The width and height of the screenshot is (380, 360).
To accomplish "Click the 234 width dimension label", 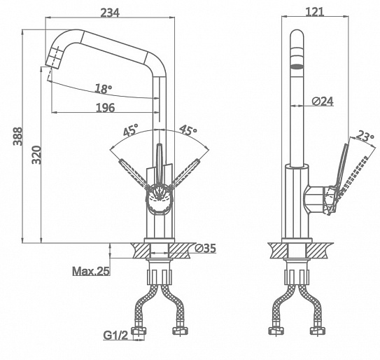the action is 110,13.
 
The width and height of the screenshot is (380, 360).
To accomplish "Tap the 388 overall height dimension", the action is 17,137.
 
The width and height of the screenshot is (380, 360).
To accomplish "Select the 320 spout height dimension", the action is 36,155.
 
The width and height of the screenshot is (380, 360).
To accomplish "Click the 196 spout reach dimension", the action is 106,108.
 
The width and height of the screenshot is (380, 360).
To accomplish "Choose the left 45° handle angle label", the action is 130,130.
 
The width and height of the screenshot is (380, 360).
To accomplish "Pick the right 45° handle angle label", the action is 188,130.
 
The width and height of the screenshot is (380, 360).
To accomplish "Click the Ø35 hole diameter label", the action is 205,248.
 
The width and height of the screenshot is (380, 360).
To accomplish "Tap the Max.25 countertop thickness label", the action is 91,271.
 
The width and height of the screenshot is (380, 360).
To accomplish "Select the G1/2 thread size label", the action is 115,335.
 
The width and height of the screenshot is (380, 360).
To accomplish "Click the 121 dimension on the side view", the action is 314,12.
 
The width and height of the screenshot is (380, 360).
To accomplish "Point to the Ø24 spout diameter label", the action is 323,101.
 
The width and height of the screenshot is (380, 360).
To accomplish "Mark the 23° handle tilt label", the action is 365,137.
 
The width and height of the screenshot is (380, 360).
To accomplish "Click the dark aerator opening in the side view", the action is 297,67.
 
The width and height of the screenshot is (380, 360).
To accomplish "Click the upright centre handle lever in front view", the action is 160,165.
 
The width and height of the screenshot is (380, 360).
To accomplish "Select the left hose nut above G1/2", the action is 139,330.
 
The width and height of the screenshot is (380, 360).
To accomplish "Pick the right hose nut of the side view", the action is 318,331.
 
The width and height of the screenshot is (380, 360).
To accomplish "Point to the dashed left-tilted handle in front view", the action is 134,173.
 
